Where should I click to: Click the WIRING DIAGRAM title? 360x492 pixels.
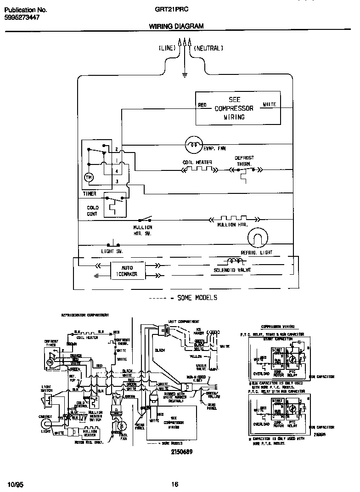[176, 27]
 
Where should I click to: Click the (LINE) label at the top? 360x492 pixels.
[167, 48]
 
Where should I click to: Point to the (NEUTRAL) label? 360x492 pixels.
[208, 48]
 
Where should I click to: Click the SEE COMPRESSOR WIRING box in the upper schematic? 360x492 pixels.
[237, 108]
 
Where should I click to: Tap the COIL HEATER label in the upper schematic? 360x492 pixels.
[197, 162]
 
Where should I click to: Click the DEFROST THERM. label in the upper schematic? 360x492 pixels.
[244, 160]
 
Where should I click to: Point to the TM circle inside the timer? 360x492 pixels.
[88, 177]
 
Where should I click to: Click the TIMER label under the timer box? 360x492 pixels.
[90, 194]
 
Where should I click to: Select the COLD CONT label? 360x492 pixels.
[93, 211]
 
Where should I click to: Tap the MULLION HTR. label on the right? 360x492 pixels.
[233, 225]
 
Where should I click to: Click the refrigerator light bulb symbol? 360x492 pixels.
[256, 239]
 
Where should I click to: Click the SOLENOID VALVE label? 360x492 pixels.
[232, 270]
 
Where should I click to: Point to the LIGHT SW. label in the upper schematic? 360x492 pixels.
[112, 252]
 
